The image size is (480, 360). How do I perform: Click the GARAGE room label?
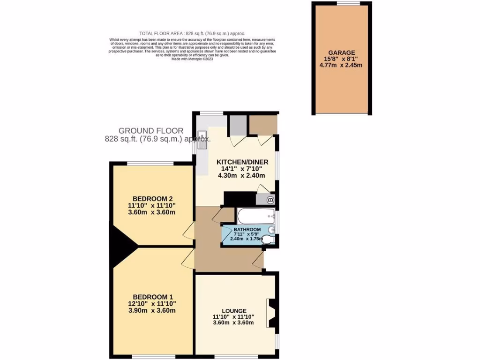341,52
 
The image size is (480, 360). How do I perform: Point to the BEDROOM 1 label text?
153,297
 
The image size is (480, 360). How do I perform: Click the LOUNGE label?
234,310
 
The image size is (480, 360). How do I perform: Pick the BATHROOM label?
247,229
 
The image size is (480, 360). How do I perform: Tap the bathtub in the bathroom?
256,216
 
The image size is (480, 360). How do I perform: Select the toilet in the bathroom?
268,240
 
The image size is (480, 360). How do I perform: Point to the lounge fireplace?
271,313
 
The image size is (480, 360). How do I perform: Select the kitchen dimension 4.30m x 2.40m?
241,176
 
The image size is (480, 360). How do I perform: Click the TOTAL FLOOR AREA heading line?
192,33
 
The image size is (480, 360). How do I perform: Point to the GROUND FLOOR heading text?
151,131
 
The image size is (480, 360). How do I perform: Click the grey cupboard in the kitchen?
238,125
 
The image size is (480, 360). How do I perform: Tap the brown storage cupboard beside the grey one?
262,124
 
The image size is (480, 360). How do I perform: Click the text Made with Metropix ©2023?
192,59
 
